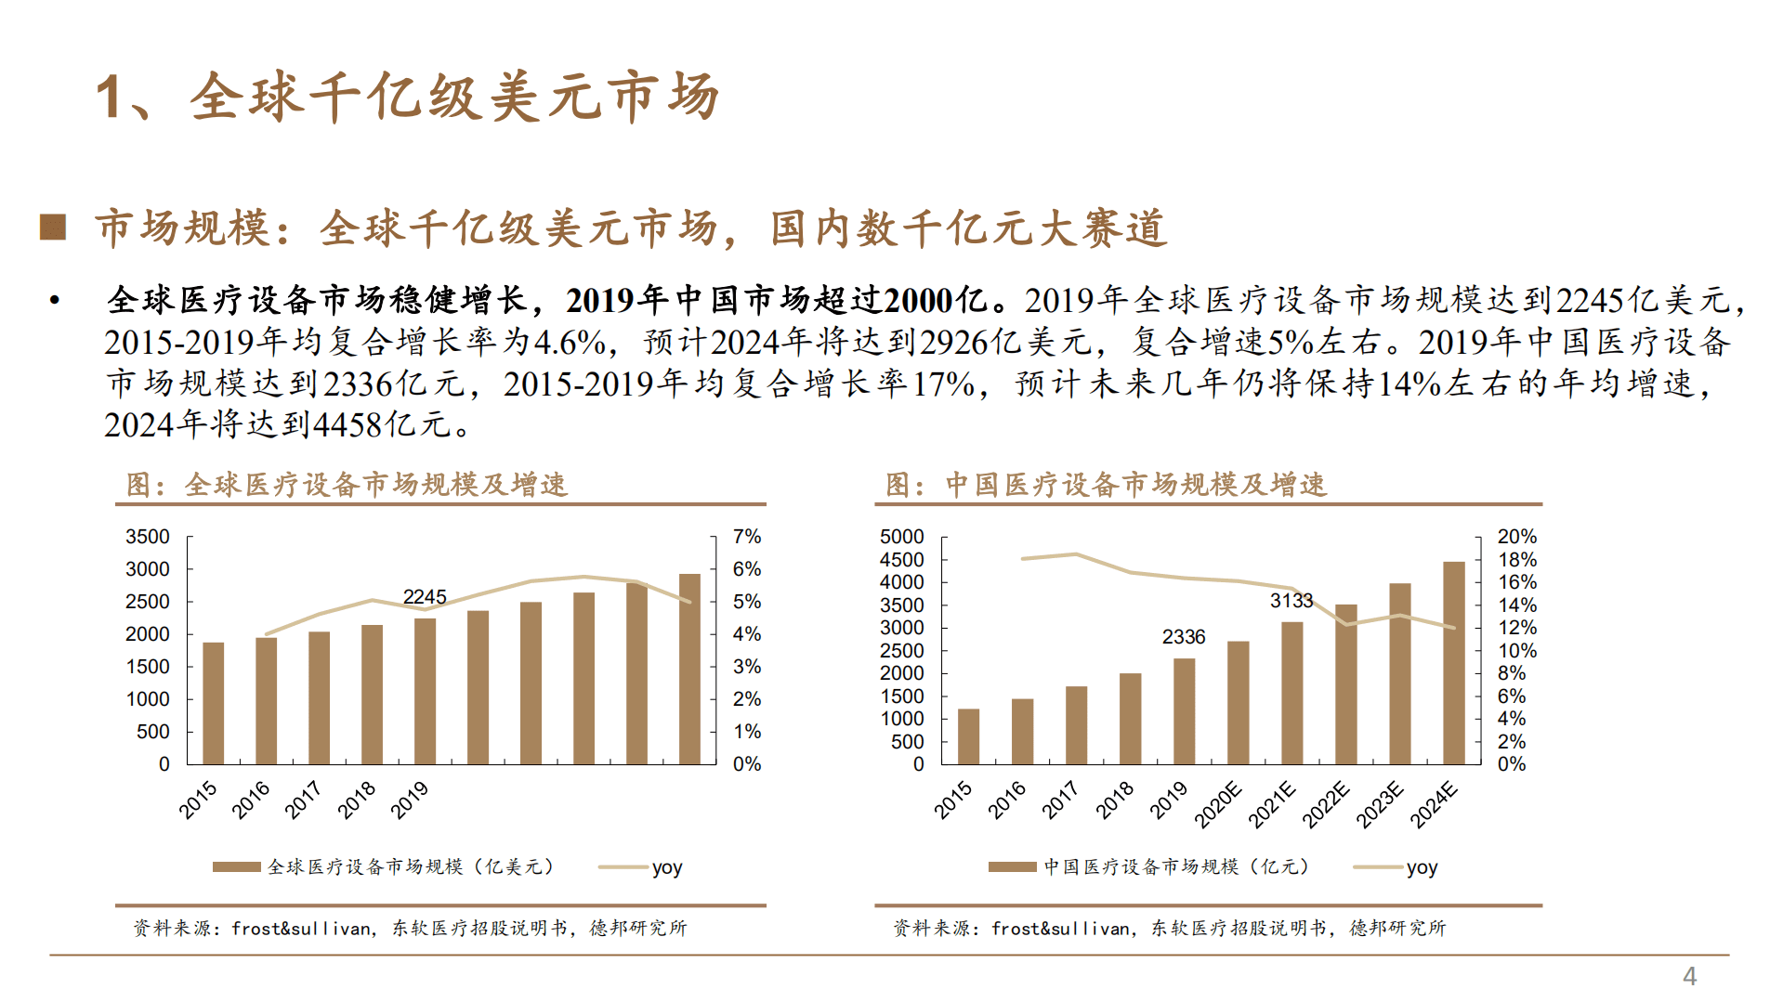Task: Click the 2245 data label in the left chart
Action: (x=425, y=596)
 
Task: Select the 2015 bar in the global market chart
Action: (x=213, y=703)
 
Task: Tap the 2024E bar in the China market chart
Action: (x=1453, y=663)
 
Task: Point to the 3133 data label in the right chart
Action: (x=1291, y=601)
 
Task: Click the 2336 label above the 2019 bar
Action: (x=1183, y=637)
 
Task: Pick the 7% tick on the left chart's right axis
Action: (x=746, y=537)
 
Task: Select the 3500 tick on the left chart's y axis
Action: (x=148, y=537)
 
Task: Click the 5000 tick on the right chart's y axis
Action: (x=901, y=537)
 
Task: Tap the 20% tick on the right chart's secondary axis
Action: (x=1516, y=537)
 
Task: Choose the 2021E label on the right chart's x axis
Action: (x=1271, y=804)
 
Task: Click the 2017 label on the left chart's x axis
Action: (x=303, y=800)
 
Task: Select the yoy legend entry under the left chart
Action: (x=666, y=867)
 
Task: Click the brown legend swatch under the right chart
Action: (x=1012, y=867)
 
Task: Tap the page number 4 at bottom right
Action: (x=1689, y=976)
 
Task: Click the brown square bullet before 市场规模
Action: (x=53, y=228)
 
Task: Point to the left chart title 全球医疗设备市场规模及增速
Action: (x=375, y=485)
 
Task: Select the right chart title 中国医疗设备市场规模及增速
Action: (x=1135, y=485)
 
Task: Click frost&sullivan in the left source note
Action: (x=302, y=928)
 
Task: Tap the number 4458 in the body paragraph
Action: (x=348, y=425)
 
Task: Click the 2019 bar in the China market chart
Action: (x=1184, y=711)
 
